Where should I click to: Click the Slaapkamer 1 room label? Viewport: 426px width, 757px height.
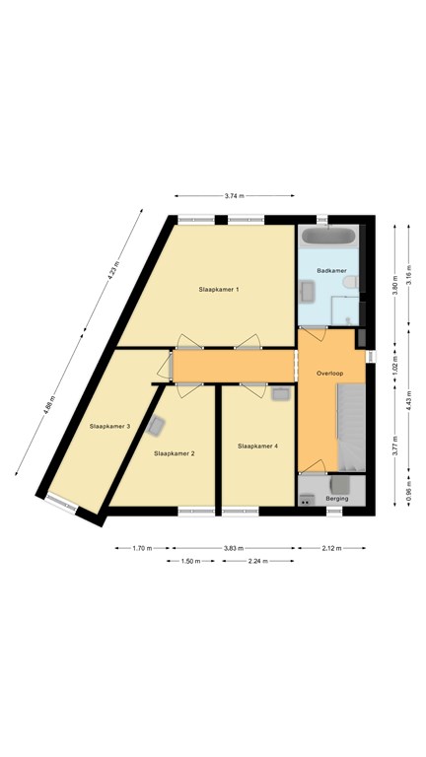click(x=219, y=290)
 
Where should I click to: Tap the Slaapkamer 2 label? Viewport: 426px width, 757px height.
click(x=175, y=453)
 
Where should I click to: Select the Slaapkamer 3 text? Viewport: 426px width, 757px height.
click(x=110, y=427)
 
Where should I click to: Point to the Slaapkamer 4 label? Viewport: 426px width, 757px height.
click(x=258, y=447)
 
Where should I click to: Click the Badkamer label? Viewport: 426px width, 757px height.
click(x=329, y=271)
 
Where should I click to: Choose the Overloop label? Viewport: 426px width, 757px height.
click(x=329, y=374)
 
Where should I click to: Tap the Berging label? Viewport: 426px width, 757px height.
click(x=336, y=499)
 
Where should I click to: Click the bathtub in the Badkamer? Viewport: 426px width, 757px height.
click(x=328, y=237)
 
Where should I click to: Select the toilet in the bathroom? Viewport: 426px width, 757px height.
click(x=350, y=282)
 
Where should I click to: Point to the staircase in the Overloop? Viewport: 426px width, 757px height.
click(x=351, y=427)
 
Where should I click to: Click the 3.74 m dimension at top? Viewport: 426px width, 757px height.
click(x=235, y=196)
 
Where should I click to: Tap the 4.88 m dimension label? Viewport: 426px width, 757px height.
click(x=48, y=404)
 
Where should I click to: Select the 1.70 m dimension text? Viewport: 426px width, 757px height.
click(x=142, y=548)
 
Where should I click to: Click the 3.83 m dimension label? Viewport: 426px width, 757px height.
click(x=234, y=548)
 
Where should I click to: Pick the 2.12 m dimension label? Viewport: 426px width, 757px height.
click(x=331, y=548)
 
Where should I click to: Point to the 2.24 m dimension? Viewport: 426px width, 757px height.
click(x=258, y=561)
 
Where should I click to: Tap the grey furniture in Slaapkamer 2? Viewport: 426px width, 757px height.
click(x=156, y=426)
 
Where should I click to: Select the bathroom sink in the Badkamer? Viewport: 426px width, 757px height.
click(x=308, y=292)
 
